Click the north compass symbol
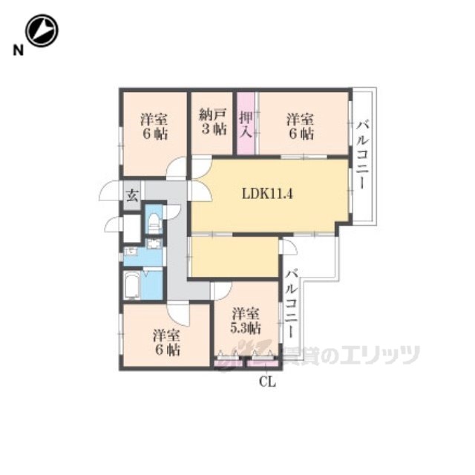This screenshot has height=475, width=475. [x=42, y=30]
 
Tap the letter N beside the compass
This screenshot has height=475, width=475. [x=18, y=50]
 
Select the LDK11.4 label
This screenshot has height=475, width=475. [x=267, y=194]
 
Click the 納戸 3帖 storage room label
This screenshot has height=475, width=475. [x=213, y=122]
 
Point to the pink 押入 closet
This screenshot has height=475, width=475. [x=246, y=124]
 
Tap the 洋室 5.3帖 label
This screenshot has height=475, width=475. [x=246, y=321]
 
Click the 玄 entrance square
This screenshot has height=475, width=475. [x=132, y=195]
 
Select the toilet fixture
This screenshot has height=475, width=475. [x=154, y=223]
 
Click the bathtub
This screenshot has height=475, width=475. [x=132, y=285]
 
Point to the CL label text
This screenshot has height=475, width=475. [x=267, y=382]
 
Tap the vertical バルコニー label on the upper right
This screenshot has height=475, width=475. [x=364, y=155]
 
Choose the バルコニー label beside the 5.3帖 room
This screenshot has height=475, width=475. [x=292, y=303]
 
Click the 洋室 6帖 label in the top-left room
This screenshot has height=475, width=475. [x=154, y=126]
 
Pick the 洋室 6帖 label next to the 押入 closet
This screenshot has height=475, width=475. [x=301, y=126]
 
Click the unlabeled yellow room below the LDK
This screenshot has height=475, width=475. [x=235, y=257]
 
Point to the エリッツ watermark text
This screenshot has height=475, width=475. [x=379, y=355]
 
